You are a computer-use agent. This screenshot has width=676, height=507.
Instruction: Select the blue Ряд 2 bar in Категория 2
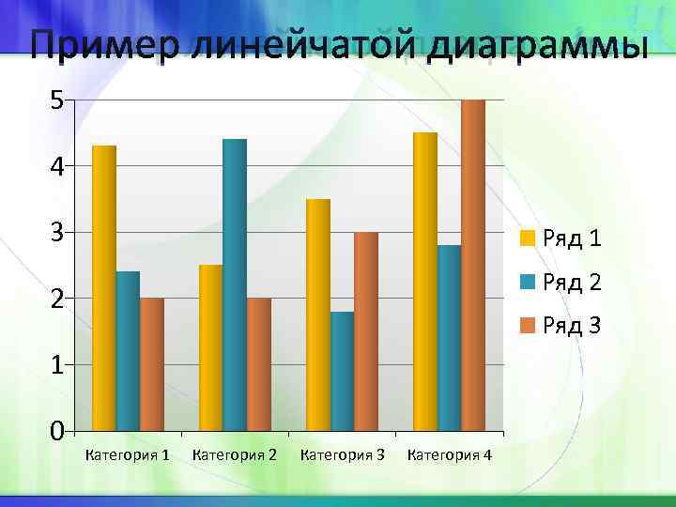[x=235, y=285]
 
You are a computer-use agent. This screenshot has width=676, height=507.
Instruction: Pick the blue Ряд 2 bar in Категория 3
[x=342, y=372]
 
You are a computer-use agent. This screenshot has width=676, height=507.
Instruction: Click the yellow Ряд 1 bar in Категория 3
[x=318, y=315]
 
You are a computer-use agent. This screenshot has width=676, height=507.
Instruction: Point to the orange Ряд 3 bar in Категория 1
[x=152, y=365]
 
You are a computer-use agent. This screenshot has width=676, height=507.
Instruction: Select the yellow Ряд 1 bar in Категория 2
[x=211, y=348]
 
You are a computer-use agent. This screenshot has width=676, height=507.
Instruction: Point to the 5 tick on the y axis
[x=57, y=100]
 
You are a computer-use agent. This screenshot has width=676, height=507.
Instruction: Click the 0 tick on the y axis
[x=57, y=432]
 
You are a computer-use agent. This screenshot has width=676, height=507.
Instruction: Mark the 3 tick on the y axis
[x=57, y=232]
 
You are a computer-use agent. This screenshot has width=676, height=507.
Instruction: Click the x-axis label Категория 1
[x=128, y=455]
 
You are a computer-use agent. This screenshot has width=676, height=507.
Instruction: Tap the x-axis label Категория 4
[x=449, y=455]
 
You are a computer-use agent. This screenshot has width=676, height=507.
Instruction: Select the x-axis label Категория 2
[x=235, y=455]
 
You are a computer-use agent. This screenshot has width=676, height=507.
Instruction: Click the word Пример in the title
[x=100, y=47]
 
